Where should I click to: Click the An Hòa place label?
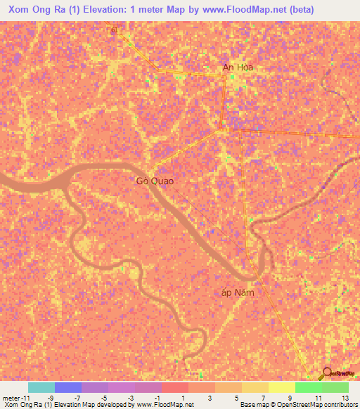point(238,67)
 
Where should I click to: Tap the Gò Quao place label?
point(155,181)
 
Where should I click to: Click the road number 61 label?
point(115,30)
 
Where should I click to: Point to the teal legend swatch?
point(41,387)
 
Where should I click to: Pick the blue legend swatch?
point(68,387)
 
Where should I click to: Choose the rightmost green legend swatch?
point(335,387)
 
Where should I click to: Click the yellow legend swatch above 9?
point(282,387)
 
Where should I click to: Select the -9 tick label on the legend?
point(51,398)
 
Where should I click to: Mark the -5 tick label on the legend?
point(104,398)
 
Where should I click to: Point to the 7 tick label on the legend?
point(264,398)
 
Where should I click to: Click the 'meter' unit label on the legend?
point(11,398)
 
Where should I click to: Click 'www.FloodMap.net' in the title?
point(231,9)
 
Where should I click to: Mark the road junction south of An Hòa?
point(224,129)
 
